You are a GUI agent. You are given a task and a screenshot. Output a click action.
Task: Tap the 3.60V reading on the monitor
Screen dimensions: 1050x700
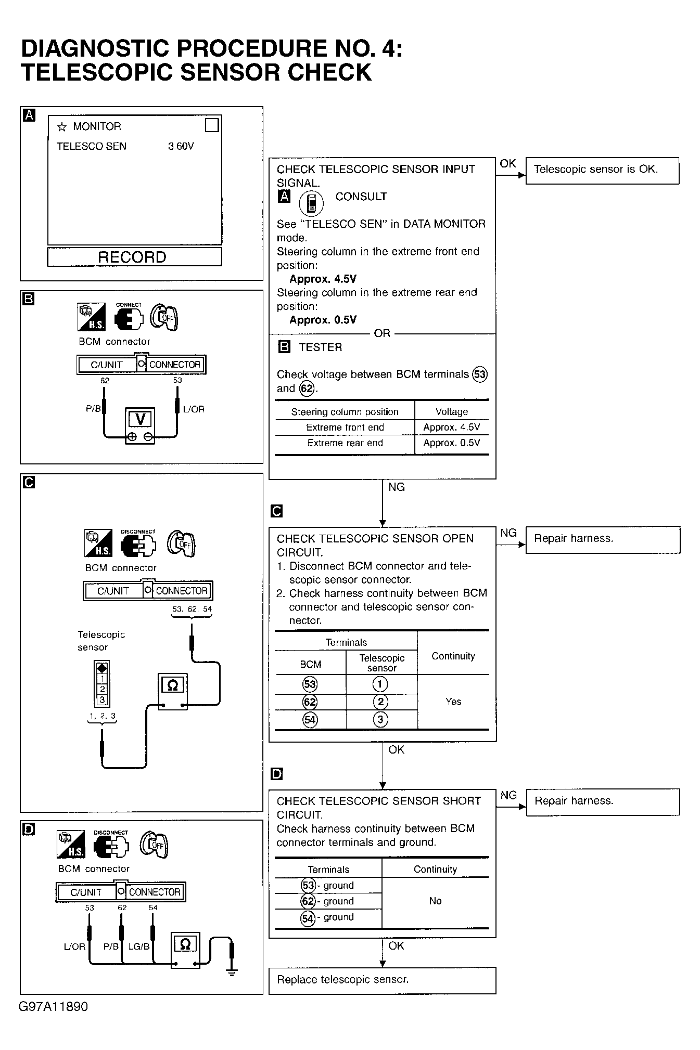coord(181,147)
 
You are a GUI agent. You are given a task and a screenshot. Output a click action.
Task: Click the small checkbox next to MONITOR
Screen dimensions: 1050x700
coord(212,125)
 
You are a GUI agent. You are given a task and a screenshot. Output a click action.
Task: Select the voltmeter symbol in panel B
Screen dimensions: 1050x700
coord(140,425)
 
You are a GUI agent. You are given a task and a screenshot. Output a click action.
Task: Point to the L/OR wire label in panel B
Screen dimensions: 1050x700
coord(194,409)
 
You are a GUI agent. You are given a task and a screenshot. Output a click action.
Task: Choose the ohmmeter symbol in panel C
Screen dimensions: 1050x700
coord(173,691)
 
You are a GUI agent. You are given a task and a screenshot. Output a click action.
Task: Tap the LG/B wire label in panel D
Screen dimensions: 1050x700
coord(139,947)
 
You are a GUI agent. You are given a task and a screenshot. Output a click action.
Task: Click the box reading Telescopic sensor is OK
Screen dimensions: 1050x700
coord(602,170)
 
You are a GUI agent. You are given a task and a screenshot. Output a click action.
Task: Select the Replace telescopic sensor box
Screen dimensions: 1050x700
coord(382,980)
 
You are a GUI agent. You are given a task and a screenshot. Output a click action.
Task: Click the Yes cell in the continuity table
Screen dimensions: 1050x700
coord(453,702)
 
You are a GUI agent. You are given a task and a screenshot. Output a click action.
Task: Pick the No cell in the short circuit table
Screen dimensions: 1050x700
coord(435,901)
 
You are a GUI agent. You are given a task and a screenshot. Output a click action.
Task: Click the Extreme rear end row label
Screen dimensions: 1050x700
coord(345,443)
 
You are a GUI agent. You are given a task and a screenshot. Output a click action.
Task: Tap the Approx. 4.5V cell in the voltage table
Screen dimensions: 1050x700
coord(451,427)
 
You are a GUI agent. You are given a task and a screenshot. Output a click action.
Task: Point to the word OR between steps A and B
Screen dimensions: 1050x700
coord(382,333)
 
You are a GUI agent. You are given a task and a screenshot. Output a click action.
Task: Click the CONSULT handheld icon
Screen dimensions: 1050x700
coord(311,202)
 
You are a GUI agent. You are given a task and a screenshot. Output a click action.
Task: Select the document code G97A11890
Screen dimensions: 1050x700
coord(54,1006)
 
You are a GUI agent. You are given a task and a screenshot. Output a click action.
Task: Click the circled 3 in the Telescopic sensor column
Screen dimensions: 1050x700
coord(380,719)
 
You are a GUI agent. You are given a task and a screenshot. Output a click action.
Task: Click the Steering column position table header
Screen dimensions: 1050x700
coord(345,412)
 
